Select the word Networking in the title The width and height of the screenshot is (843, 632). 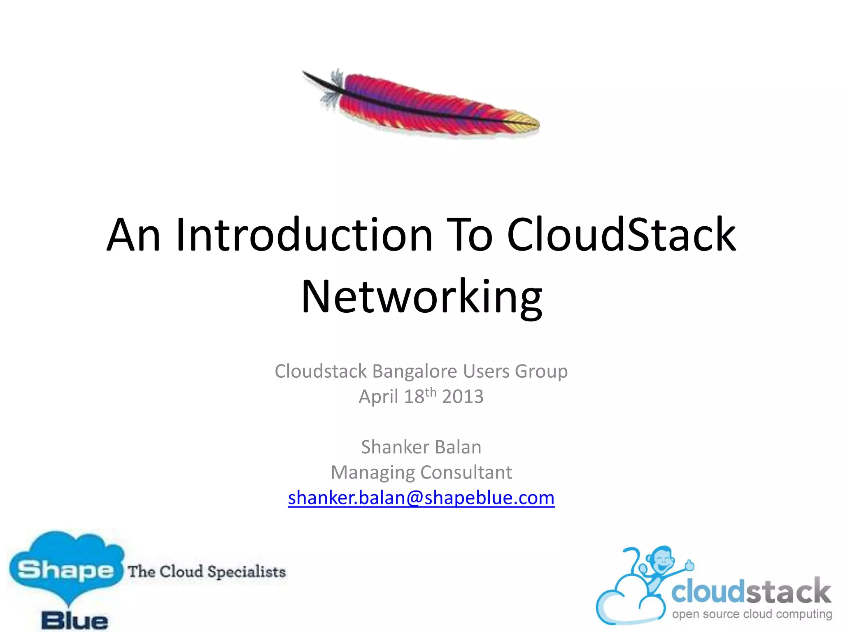pos(421,297)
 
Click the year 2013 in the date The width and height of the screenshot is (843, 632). pos(463,397)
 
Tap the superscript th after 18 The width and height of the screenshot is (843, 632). pos(431,392)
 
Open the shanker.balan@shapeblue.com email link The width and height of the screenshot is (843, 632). pos(421,498)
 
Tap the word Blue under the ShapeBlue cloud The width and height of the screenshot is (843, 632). pos(75,620)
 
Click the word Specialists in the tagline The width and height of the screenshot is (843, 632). pos(246,572)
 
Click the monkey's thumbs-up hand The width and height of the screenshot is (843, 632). pos(689,565)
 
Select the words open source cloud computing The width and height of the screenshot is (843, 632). pos(752,614)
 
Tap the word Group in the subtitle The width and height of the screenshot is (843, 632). pos(541,372)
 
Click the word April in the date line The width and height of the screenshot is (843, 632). pos(378,397)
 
